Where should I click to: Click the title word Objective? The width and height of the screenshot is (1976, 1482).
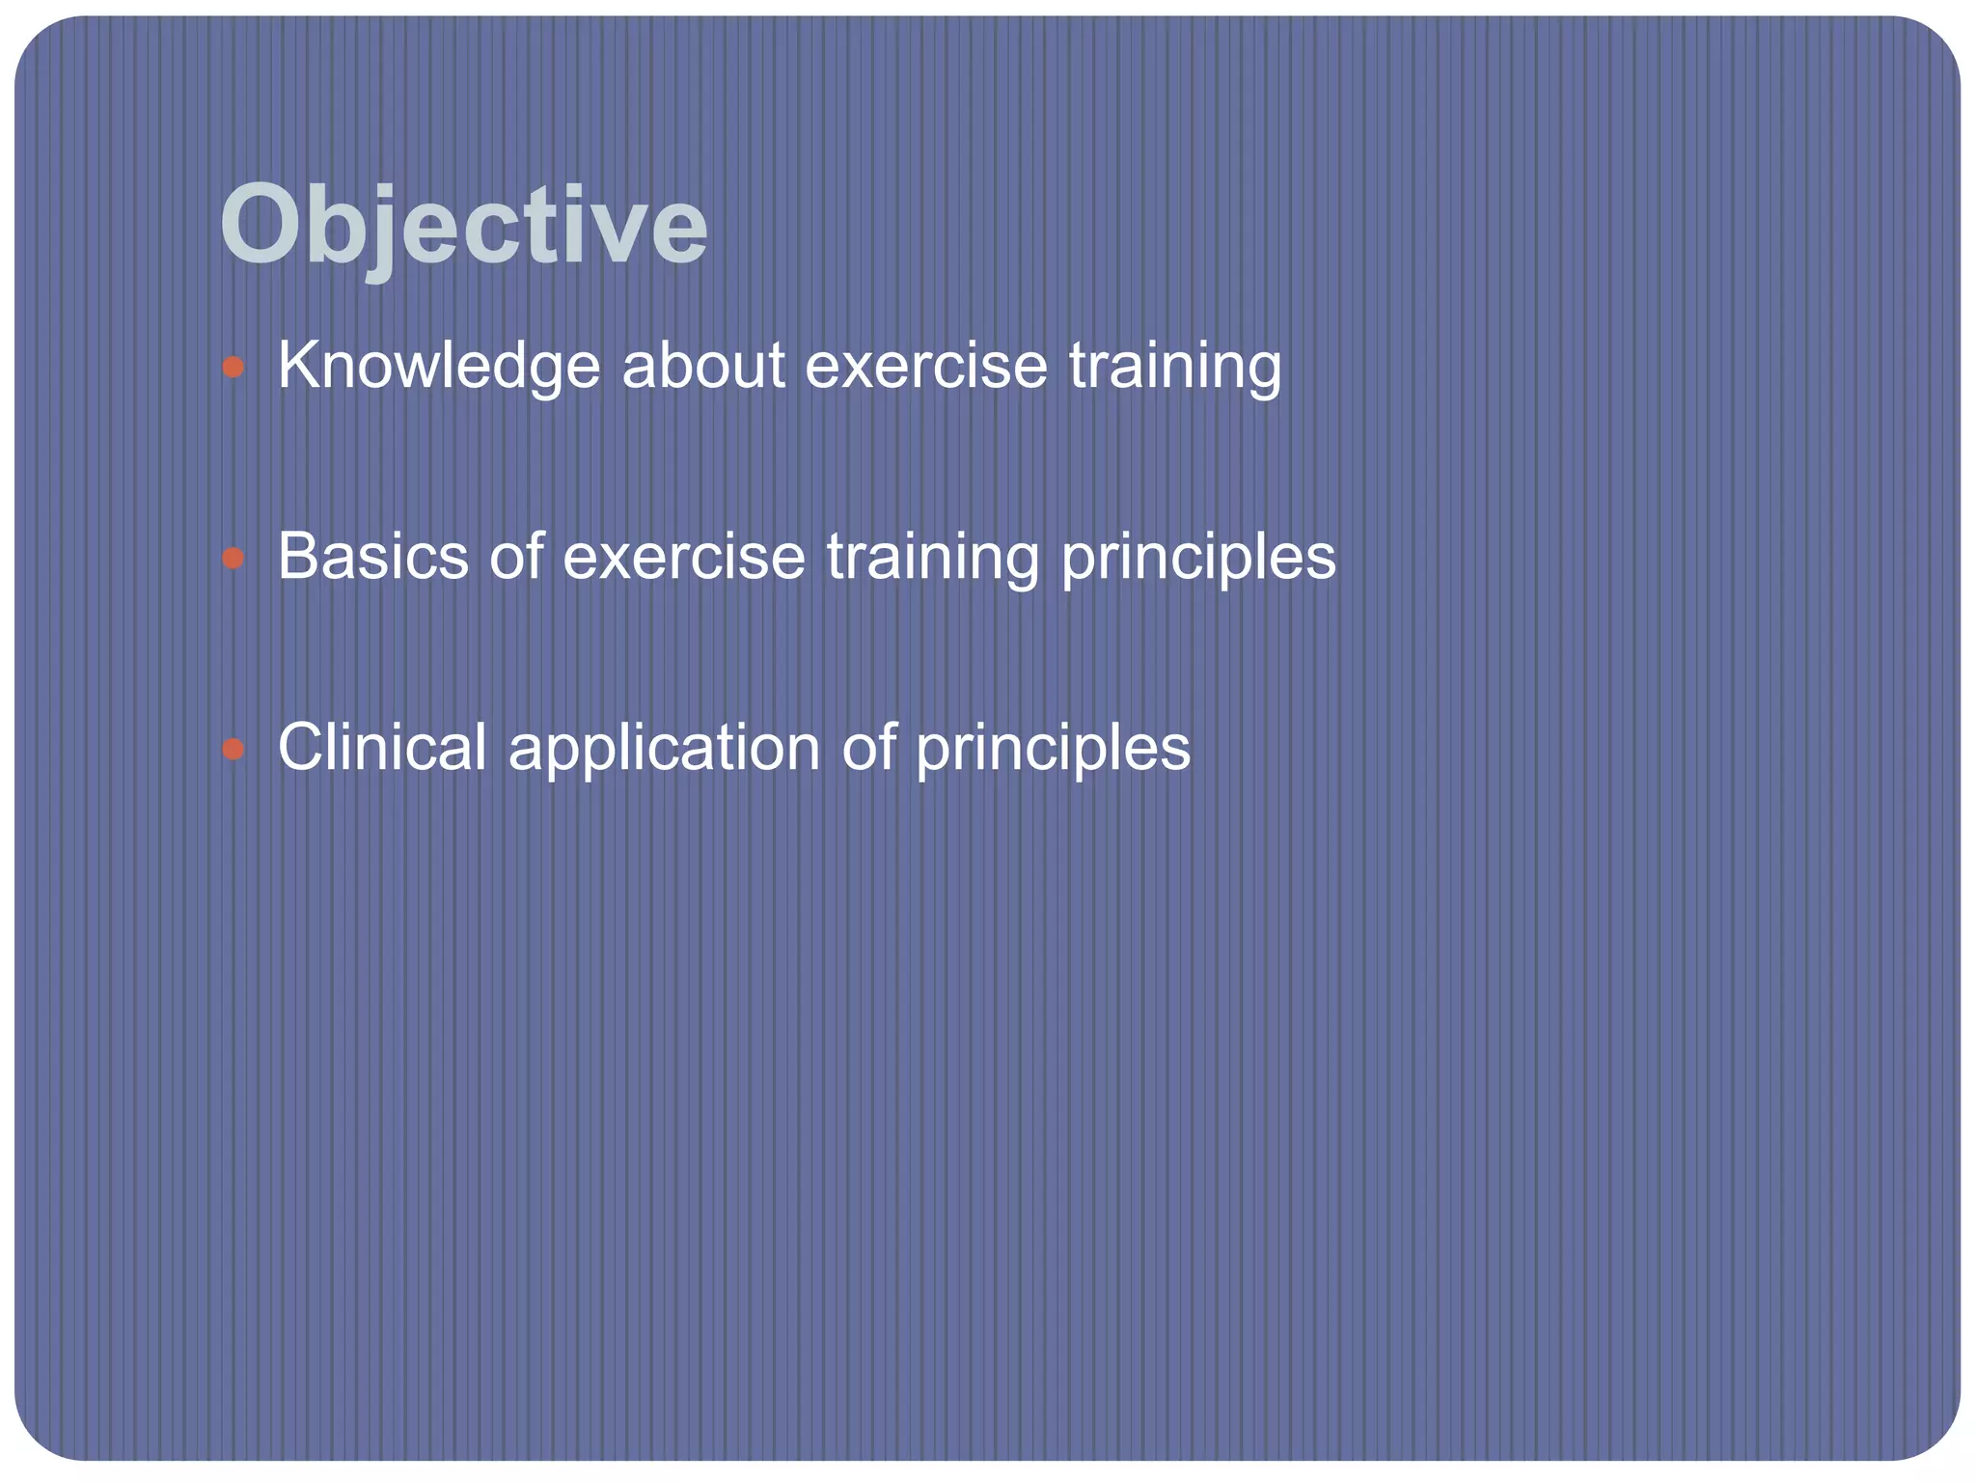[464, 227]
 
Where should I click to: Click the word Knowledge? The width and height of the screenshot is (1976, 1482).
[438, 367]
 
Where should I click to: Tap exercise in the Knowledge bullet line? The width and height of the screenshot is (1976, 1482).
[925, 367]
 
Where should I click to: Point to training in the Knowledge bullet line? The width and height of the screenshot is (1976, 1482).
[1175, 367]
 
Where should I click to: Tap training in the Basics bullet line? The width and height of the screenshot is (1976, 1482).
[932, 557]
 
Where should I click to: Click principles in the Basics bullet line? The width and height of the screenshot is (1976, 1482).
[1198, 557]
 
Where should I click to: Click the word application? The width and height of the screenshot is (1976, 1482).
[664, 748]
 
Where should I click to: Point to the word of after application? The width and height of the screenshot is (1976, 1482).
[868, 748]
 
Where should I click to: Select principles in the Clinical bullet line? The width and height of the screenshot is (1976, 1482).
[1053, 748]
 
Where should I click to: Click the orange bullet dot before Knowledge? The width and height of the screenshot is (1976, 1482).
[233, 368]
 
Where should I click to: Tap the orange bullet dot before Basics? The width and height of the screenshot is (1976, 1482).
[233, 558]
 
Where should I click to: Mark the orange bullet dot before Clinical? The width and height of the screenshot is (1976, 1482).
[233, 749]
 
